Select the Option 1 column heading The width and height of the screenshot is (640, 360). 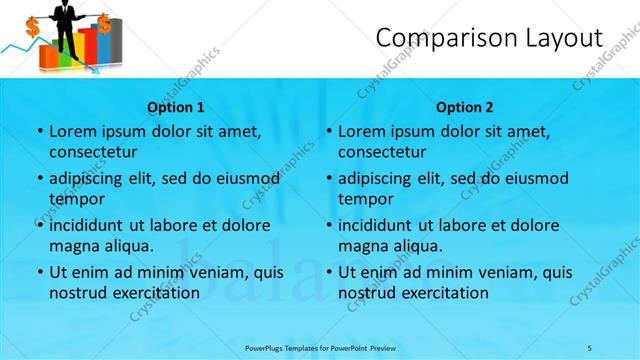pyautogui.click(x=176, y=106)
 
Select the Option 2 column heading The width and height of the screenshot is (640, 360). pyautogui.click(x=465, y=106)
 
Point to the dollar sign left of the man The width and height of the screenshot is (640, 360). pyautogui.click(x=32, y=27)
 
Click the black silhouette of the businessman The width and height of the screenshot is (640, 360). pyautogui.click(x=67, y=25)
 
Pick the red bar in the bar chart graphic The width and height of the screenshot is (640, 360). pyautogui.click(x=87, y=46)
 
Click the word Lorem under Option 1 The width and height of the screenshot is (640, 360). pyautogui.click(x=71, y=131)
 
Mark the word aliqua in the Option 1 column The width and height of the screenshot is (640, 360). pyautogui.click(x=129, y=246)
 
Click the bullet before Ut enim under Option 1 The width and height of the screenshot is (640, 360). pyautogui.click(x=39, y=272)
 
